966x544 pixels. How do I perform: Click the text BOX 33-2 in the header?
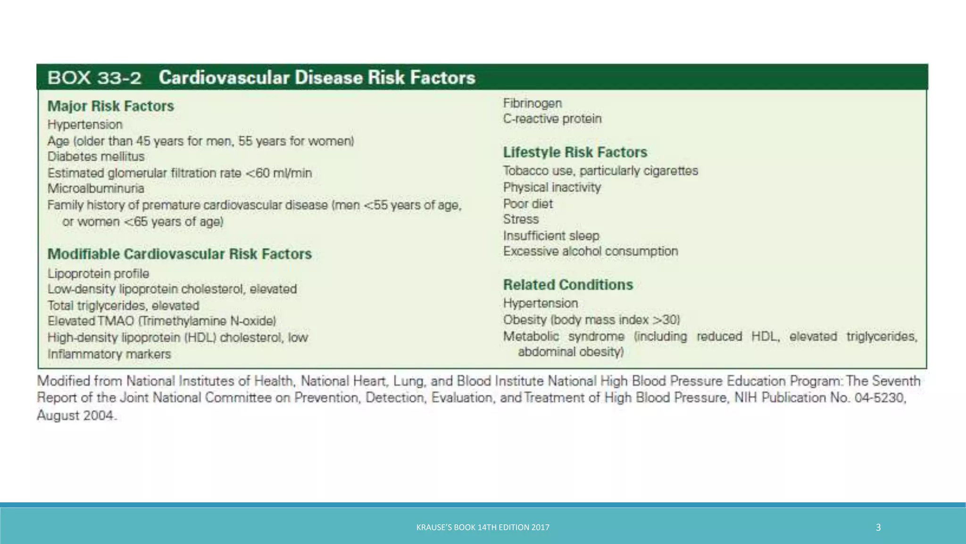(x=94, y=77)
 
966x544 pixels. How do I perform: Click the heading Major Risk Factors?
(x=110, y=106)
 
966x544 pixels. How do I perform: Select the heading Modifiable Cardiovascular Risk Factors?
(x=179, y=254)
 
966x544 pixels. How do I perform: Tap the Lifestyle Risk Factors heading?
(x=575, y=153)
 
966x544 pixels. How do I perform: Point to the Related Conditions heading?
(x=567, y=285)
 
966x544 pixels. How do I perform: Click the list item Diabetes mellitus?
(x=96, y=157)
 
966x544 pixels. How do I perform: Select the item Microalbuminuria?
(x=96, y=188)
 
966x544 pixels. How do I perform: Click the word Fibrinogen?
(x=532, y=103)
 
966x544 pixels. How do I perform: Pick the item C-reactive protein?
(x=552, y=119)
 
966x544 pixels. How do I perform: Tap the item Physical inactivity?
(x=551, y=187)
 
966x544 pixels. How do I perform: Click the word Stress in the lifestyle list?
(x=520, y=220)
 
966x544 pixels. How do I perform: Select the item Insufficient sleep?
(x=550, y=236)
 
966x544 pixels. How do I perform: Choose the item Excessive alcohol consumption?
(x=590, y=251)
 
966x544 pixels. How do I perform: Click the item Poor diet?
(x=527, y=204)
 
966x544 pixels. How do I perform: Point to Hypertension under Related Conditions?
(x=540, y=303)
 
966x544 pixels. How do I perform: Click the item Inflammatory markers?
(x=109, y=354)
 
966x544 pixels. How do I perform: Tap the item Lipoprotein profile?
(x=98, y=274)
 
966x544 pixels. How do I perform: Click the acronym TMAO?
(x=116, y=321)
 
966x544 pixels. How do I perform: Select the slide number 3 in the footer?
(x=878, y=527)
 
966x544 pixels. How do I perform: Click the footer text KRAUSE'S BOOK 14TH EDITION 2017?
(x=483, y=527)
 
